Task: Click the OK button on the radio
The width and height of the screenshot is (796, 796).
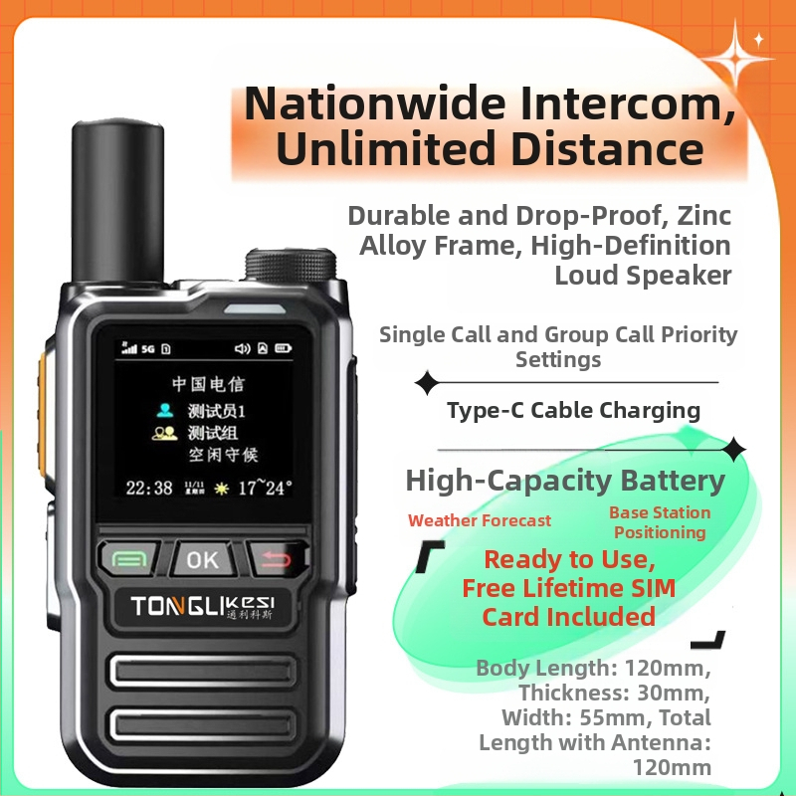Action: point(203,559)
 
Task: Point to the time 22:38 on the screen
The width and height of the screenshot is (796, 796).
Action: point(149,488)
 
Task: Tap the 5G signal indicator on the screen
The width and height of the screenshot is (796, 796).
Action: point(147,348)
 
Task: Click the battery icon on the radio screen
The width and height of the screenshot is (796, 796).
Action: point(285,348)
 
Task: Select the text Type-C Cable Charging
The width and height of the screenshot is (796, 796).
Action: point(573,410)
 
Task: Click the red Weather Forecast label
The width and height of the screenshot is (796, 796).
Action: point(479,520)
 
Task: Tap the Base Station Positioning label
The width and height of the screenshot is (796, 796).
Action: point(660,522)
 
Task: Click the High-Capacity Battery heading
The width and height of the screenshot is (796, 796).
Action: point(565,481)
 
